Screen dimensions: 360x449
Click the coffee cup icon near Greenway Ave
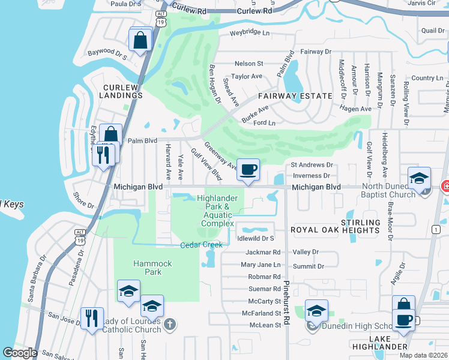coord(247,170)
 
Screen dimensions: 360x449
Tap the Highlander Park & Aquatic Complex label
coord(218,211)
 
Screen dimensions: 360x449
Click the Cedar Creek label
coord(202,245)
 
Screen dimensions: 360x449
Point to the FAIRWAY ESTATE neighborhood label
coord(295,96)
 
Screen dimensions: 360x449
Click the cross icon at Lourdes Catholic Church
coord(170,325)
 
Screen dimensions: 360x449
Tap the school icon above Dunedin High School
coord(316,311)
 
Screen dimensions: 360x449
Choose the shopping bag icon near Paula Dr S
coord(140,41)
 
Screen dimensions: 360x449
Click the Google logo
coord(19,353)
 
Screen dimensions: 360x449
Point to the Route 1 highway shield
coord(434,229)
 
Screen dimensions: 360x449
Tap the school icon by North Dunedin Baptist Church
coord(419,178)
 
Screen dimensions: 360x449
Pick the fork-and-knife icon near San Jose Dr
coord(91,318)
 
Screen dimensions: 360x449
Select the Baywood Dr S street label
coord(107,55)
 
